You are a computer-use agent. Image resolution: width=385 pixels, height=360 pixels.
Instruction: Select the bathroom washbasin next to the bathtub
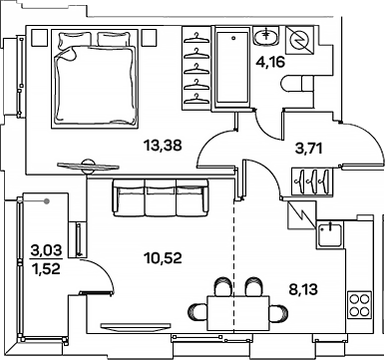266,39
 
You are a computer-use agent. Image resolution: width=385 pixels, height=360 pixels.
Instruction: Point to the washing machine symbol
298,43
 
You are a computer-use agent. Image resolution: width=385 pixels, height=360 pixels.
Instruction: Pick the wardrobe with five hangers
197,70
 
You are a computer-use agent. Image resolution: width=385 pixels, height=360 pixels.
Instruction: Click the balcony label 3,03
44,250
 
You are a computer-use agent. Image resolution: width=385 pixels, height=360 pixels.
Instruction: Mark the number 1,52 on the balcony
44,267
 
